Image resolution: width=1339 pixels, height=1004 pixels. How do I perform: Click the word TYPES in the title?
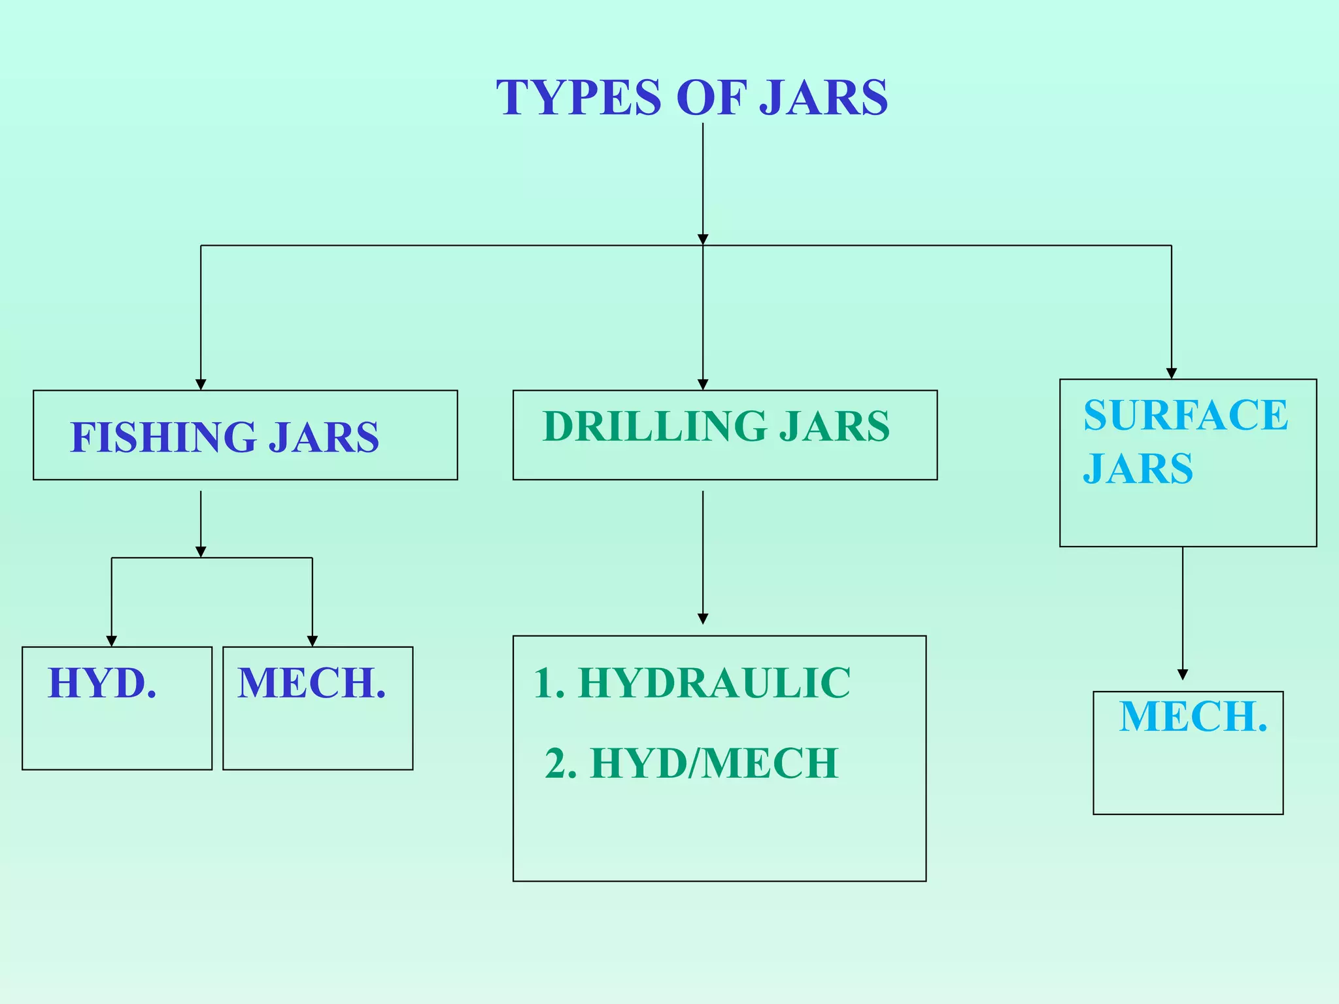pos(579,97)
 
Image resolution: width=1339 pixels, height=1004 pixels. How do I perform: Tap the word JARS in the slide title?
pos(823,97)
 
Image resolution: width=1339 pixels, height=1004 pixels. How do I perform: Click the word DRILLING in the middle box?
pos(654,426)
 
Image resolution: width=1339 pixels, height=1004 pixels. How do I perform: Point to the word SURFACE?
pos(1185,415)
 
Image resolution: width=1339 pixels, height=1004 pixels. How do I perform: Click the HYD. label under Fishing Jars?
pos(103,683)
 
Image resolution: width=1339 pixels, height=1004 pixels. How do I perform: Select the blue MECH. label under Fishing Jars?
pos(312,683)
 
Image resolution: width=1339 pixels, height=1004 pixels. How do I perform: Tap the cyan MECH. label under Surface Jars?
pos(1193,716)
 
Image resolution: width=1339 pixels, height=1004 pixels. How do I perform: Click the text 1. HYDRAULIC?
pos(692,683)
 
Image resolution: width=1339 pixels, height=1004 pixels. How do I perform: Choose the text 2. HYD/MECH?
pos(692,763)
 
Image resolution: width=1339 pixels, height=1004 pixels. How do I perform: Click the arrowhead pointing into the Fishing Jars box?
pos(201,384)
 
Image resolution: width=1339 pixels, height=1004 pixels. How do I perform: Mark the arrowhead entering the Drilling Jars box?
pos(703,384)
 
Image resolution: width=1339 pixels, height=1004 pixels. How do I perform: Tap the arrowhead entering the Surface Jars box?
pos(1171,373)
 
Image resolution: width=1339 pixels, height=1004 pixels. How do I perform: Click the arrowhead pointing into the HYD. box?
pos(112,641)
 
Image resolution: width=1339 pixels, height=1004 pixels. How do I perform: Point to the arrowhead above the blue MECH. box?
pos(313,641)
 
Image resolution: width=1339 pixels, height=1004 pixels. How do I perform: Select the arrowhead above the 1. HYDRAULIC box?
pos(703,619)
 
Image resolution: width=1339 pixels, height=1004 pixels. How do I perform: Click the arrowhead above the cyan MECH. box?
pos(1182,675)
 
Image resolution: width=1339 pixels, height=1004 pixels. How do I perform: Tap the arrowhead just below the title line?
pos(703,239)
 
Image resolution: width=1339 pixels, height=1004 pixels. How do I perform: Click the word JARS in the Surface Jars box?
pos(1138,469)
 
